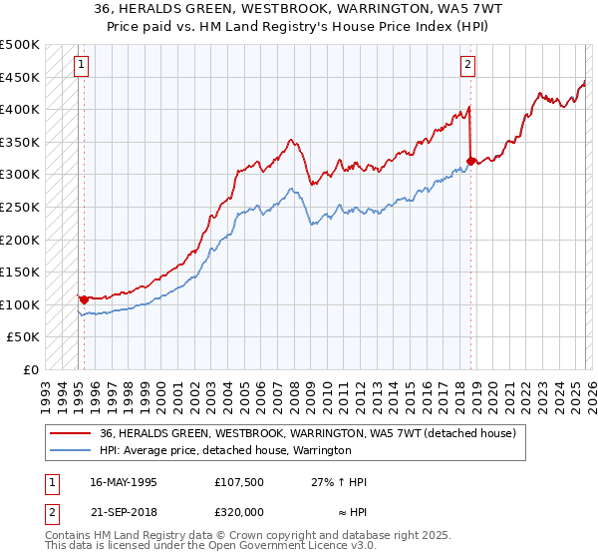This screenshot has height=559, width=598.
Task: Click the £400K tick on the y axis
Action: tap(20, 110)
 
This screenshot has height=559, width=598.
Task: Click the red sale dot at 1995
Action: tap(84, 297)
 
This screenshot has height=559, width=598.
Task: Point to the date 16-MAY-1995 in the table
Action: tap(124, 482)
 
